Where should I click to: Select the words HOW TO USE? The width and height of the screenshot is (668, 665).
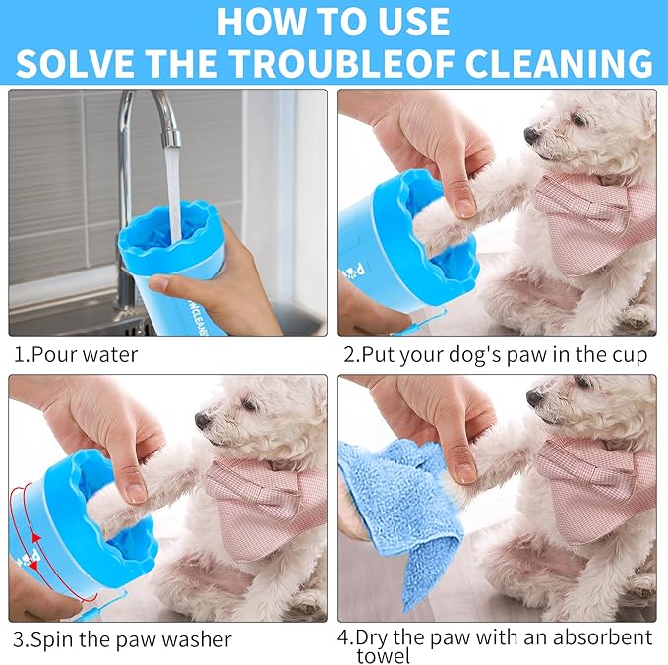(334, 21)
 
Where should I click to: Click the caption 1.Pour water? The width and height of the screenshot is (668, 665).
(76, 354)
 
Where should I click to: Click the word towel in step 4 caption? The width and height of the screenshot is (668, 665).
(383, 655)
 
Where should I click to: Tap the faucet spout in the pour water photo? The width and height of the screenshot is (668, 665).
(169, 128)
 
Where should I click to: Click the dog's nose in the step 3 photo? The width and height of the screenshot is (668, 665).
(202, 420)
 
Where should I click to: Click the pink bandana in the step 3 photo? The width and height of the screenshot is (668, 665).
(266, 502)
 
